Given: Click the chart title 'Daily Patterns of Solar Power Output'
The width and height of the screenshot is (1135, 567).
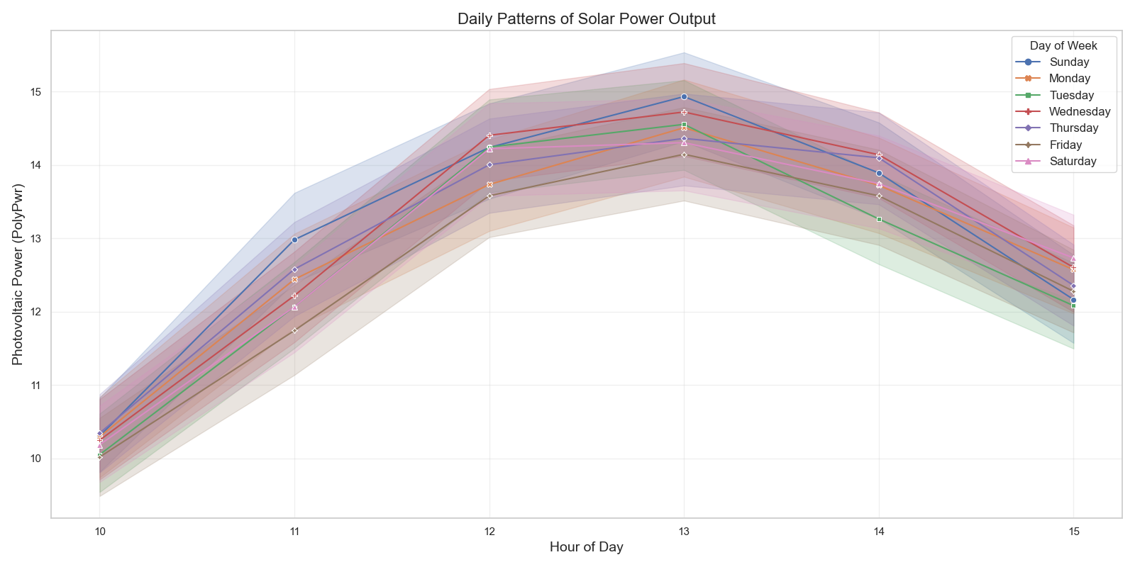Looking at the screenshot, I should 586,19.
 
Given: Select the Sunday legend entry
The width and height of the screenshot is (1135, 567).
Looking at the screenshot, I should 1068,62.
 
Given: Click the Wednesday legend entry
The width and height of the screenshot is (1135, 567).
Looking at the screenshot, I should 1079,112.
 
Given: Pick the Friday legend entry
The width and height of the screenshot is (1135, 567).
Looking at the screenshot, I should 1065,145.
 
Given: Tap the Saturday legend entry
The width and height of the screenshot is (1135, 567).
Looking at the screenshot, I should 1072,162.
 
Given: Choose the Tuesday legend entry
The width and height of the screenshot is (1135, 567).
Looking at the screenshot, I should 1071,96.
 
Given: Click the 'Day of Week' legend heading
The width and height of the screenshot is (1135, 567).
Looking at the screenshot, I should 1063,46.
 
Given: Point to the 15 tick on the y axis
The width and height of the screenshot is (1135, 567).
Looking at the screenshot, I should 36,92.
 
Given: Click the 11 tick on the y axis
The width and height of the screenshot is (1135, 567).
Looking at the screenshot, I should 36,386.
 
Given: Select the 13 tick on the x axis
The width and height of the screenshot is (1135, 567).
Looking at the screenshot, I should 684,532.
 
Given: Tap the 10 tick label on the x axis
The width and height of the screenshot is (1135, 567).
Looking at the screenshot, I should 100,532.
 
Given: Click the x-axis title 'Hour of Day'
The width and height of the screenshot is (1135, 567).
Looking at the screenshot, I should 586,547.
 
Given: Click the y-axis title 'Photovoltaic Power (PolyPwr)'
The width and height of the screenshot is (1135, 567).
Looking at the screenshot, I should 18,274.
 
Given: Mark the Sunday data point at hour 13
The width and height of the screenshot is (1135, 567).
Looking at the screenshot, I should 684,96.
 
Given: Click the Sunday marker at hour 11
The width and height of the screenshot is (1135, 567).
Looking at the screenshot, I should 294,240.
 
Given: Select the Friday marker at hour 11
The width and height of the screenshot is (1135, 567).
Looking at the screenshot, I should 294,330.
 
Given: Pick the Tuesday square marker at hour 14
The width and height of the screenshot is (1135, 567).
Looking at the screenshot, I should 879,219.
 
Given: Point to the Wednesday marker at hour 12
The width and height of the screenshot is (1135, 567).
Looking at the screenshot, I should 489,135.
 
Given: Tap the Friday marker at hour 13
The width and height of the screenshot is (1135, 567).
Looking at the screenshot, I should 684,155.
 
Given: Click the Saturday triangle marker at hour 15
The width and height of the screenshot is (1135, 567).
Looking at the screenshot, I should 1073,258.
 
